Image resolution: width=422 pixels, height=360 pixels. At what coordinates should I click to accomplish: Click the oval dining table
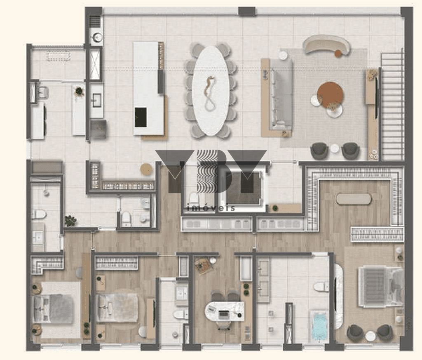coord(211,91)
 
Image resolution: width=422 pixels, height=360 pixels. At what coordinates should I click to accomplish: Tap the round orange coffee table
coord(330,95)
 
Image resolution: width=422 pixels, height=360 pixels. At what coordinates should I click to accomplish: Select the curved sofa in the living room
coord(326,45)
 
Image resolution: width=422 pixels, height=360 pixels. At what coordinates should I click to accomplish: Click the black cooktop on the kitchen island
coord(141,117)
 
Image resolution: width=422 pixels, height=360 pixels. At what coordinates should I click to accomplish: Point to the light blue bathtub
coord(319,326)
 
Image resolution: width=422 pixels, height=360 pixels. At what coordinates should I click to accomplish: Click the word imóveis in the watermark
coord(211,207)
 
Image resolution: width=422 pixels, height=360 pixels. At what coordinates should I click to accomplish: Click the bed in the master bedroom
coord(380,286)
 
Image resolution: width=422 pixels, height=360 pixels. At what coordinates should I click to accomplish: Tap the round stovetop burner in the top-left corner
coord(96,36)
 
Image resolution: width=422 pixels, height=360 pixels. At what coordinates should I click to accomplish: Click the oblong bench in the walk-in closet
coord(353,199)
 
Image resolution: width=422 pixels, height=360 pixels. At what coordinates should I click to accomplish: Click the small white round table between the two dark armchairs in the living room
coord(335,148)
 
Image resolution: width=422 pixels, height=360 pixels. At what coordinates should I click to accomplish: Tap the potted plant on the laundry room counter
coord(79,91)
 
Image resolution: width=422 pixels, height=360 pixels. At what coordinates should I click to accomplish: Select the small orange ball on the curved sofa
coord(338,53)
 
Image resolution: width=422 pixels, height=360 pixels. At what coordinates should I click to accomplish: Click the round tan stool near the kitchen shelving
coord(146,169)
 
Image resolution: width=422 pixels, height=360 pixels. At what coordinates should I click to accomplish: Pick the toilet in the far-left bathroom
coord(39,214)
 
